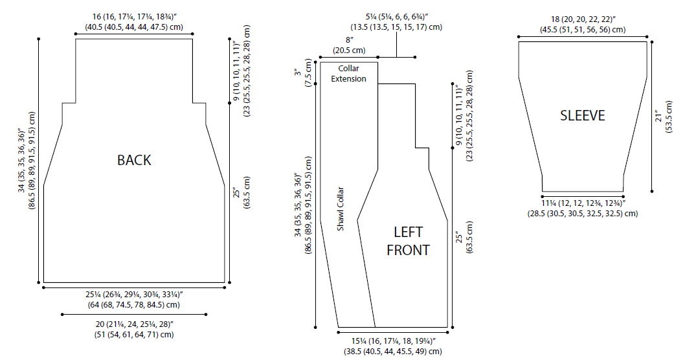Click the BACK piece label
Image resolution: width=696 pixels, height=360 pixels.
[x=134, y=160]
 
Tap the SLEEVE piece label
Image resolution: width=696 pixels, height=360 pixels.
[x=583, y=116]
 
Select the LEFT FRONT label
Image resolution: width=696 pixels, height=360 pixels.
[x=408, y=241]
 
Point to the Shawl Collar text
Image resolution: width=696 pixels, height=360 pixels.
[x=341, y=209]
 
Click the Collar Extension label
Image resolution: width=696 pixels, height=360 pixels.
[x=348, y=74]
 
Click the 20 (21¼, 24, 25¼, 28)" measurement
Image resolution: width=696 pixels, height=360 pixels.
[x=134, y=324]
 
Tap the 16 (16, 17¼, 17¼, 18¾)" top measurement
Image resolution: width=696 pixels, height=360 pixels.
[x=134, y=17]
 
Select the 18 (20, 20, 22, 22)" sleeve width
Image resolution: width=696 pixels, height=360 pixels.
[x=583, y=19]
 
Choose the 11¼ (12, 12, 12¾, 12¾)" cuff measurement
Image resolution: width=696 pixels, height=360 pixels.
[x=583, y=203]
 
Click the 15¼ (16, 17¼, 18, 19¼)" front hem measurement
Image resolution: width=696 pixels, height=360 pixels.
[x=393, y=341]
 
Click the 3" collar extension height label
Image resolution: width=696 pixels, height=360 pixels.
[x=300, y=68]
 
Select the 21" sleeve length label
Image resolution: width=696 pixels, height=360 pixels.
[x=660, y=115]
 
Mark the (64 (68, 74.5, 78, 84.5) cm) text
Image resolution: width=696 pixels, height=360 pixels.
[x=134, y=304]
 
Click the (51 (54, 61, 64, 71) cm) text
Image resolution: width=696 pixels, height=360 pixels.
[x=134, y=335]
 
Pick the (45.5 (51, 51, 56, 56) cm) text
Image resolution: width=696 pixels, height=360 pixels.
[x=583, y=29]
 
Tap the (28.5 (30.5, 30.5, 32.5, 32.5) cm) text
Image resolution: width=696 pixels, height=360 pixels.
[x=583, y=214]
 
